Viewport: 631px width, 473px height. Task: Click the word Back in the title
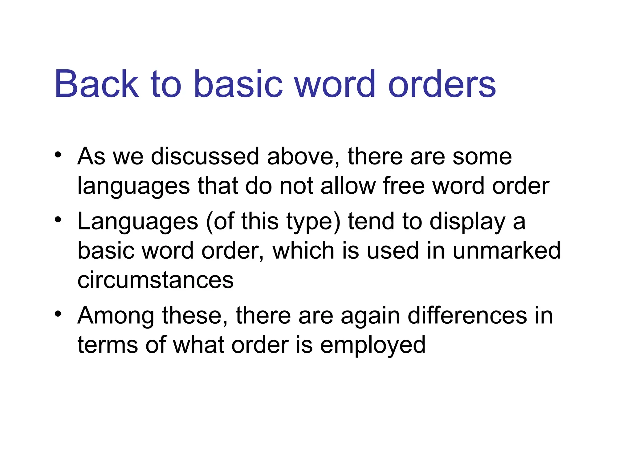tap(97, 84)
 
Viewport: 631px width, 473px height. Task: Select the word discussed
tap(205, 156)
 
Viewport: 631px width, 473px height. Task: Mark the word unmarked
tap(507, 250)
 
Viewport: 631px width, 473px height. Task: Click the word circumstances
tap(156, 280)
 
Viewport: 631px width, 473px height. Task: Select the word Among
tap(116, 316)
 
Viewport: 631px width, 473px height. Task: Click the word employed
tap(373, 345)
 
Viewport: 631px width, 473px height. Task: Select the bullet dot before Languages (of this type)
tap(58, 220)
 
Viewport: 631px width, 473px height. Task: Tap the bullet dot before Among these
tap(58, 314)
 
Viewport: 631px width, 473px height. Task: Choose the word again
tap(370, 316)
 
